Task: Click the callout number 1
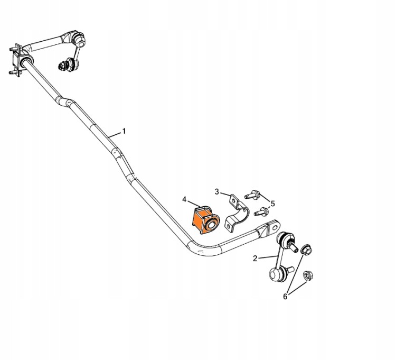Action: (x=124, y=131)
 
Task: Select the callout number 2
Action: (x=255, y=259)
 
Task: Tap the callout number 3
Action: (x=216, y=192)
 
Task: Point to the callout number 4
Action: (x=184, y=199)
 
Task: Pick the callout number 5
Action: (x=272, y=204)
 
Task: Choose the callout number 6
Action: (x=285, y=297)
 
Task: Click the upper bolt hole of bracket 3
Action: (x=234, y=201)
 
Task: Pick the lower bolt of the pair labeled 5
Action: (x=261, y=211)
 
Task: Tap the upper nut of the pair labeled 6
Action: (x=306, y=250)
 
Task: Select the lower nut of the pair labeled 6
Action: (x=308, y=275)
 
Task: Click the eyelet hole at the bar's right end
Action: (x=274, y=226)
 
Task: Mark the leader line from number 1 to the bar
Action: (x=115, y=134)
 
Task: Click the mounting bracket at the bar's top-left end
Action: (x=16, y=59)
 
